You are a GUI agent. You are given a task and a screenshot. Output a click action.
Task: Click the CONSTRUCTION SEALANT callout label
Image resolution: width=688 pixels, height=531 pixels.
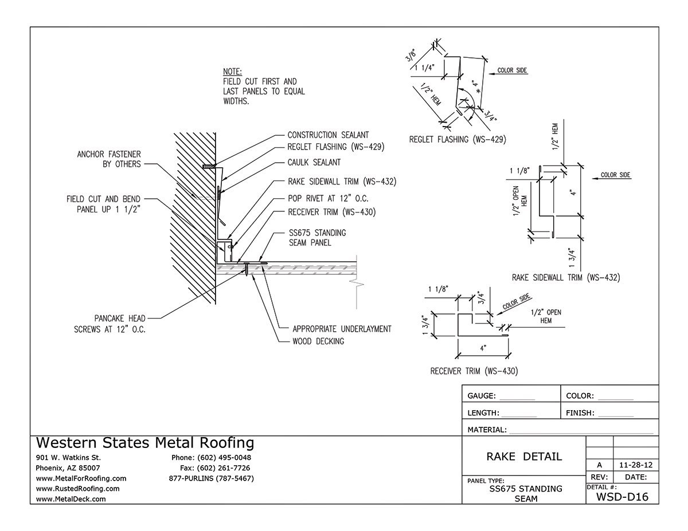pos(328,135)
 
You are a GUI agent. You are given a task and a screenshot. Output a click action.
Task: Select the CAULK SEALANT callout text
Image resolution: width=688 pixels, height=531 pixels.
pos(314,163)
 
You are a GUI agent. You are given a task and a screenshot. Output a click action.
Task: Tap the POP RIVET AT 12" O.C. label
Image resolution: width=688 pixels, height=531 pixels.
pos(327,198)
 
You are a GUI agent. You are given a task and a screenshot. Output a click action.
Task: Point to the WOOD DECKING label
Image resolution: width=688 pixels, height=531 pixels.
pos(318,341)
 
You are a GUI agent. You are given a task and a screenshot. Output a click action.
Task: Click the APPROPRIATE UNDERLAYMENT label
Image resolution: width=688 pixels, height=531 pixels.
pos(342,329)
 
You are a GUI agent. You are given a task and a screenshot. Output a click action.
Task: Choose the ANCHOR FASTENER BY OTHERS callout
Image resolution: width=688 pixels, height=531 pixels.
pos(109,159)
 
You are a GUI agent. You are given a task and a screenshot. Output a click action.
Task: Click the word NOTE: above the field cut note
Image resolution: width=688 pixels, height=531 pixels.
pos(232,72)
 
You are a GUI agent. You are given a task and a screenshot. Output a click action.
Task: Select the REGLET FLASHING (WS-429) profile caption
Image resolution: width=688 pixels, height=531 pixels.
pos(458,139)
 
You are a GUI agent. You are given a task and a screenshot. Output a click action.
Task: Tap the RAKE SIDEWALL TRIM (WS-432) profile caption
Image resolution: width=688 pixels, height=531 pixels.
pos(565,278)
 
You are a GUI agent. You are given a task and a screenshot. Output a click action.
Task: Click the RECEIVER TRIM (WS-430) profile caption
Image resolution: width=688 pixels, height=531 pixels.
pos(474,371)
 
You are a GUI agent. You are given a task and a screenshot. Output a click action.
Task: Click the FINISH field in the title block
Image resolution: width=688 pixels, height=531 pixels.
pos(599,412)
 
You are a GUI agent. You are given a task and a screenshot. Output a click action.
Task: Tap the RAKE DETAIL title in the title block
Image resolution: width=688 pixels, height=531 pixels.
pos(524,457)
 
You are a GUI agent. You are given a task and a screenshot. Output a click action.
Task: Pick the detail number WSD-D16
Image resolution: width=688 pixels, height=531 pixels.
pos(622,497)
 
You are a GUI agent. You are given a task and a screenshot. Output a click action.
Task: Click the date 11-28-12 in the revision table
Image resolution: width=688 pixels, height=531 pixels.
pos(635,465)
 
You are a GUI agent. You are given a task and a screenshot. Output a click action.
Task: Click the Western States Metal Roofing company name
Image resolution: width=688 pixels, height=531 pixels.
pos(144,443)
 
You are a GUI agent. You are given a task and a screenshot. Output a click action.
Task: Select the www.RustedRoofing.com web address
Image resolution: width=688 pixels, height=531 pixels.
pos(77,489)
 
